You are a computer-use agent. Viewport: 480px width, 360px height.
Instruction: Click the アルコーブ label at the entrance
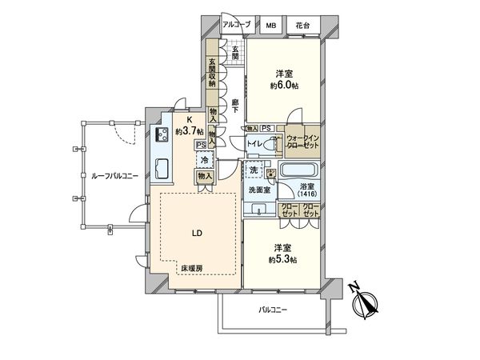(x=237, y=26)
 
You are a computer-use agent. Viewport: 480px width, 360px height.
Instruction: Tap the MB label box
(x=273, y=26)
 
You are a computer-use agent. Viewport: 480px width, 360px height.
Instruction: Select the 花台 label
(x=302, y=26)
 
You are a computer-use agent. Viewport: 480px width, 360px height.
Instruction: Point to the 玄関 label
(x=236, y=54)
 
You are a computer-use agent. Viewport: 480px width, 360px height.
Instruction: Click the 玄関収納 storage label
(x=213, y=73)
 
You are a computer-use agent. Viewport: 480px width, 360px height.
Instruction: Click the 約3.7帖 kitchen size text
(x=190, y=131)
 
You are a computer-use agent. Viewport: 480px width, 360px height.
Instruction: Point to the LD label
(x=196, y=234)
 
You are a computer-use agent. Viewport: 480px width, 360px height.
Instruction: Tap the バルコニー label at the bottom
(x=273, y=310)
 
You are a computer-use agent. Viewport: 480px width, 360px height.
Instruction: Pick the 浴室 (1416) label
(x=307, y=190)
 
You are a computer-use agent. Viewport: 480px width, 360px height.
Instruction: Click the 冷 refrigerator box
(x=204, y=159)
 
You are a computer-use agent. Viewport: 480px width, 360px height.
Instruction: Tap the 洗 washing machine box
(x=253, y=171)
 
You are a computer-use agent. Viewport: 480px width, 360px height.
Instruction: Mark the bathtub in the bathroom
(x=299, y=170)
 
